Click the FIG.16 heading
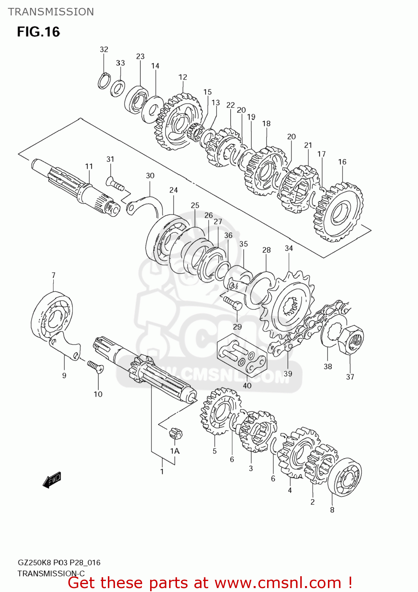38,32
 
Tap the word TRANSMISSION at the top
51,12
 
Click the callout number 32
104,49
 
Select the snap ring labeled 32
104,81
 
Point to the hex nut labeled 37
351,340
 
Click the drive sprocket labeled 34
288,305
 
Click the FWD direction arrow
52,480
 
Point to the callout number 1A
175,451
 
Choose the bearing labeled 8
345,478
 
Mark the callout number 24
173,190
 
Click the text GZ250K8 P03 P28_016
59,562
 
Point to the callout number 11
89,166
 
